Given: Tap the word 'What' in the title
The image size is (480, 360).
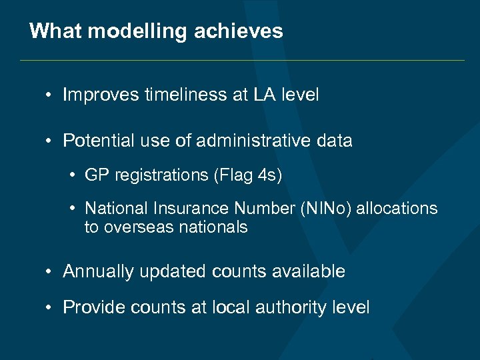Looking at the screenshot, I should point(51,31).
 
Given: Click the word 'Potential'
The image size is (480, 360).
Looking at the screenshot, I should point(97,141).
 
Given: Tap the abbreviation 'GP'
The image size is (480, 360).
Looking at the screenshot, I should point(97,175).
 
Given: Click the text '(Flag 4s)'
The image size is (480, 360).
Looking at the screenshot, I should point(248,175).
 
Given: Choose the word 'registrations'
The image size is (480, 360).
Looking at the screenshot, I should point(161,175).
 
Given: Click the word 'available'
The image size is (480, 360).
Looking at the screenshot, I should point(312,271).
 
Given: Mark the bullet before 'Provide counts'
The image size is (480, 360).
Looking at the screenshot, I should point(50,307).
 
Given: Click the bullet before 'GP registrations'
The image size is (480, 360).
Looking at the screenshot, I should point(73,175).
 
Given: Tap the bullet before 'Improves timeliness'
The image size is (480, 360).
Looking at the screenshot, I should point(50,95).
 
